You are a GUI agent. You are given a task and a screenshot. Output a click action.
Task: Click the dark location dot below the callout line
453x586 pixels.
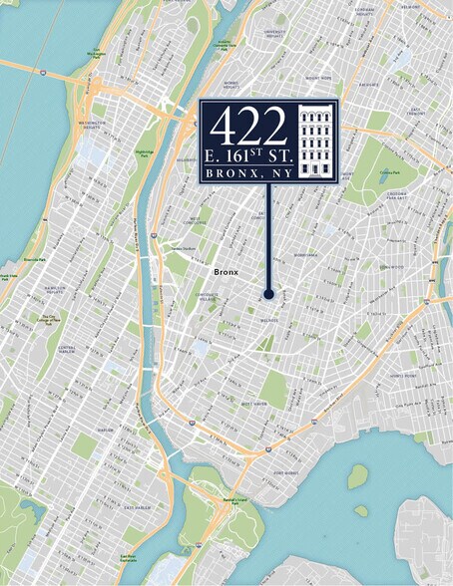pos(268,294)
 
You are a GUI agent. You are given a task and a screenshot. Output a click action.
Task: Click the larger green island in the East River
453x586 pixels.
pos(357,476)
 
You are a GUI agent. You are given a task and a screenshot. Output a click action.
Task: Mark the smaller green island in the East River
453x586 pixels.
pos(361,511)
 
